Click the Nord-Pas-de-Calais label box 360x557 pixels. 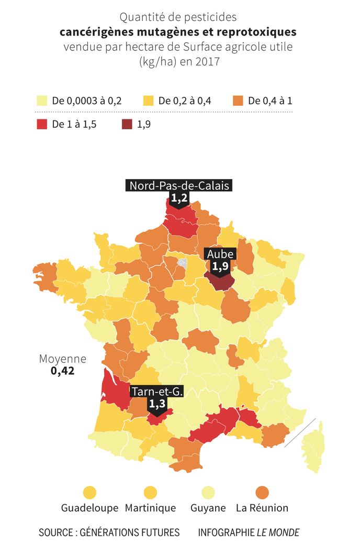[x=179, y=186]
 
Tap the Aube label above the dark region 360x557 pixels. [x=221, y=254]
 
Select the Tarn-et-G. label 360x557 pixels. [x=157, y=392]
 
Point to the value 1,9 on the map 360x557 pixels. [x=220, y=266]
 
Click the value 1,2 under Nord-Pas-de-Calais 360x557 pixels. [x=179, y=198]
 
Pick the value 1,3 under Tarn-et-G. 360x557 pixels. [x=157, y=404]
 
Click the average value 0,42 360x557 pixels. [x=62, y=371]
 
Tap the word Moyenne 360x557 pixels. [x=63, y=359]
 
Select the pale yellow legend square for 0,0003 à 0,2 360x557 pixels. [x=42, y=101]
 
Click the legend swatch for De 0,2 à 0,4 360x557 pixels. [x=149, y=101]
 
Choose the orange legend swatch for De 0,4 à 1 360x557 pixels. [x=238, y=101]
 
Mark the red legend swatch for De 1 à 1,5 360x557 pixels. [x=42, y=124]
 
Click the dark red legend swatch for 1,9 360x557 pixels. [x=127, y=124]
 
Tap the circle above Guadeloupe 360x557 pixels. [x=90, y=493]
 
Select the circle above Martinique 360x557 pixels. [x=150, y=493]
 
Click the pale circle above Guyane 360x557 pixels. [x=208, y=493]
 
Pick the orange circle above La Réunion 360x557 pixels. [x=262, y=493]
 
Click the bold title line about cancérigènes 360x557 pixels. [x=178, y=32]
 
